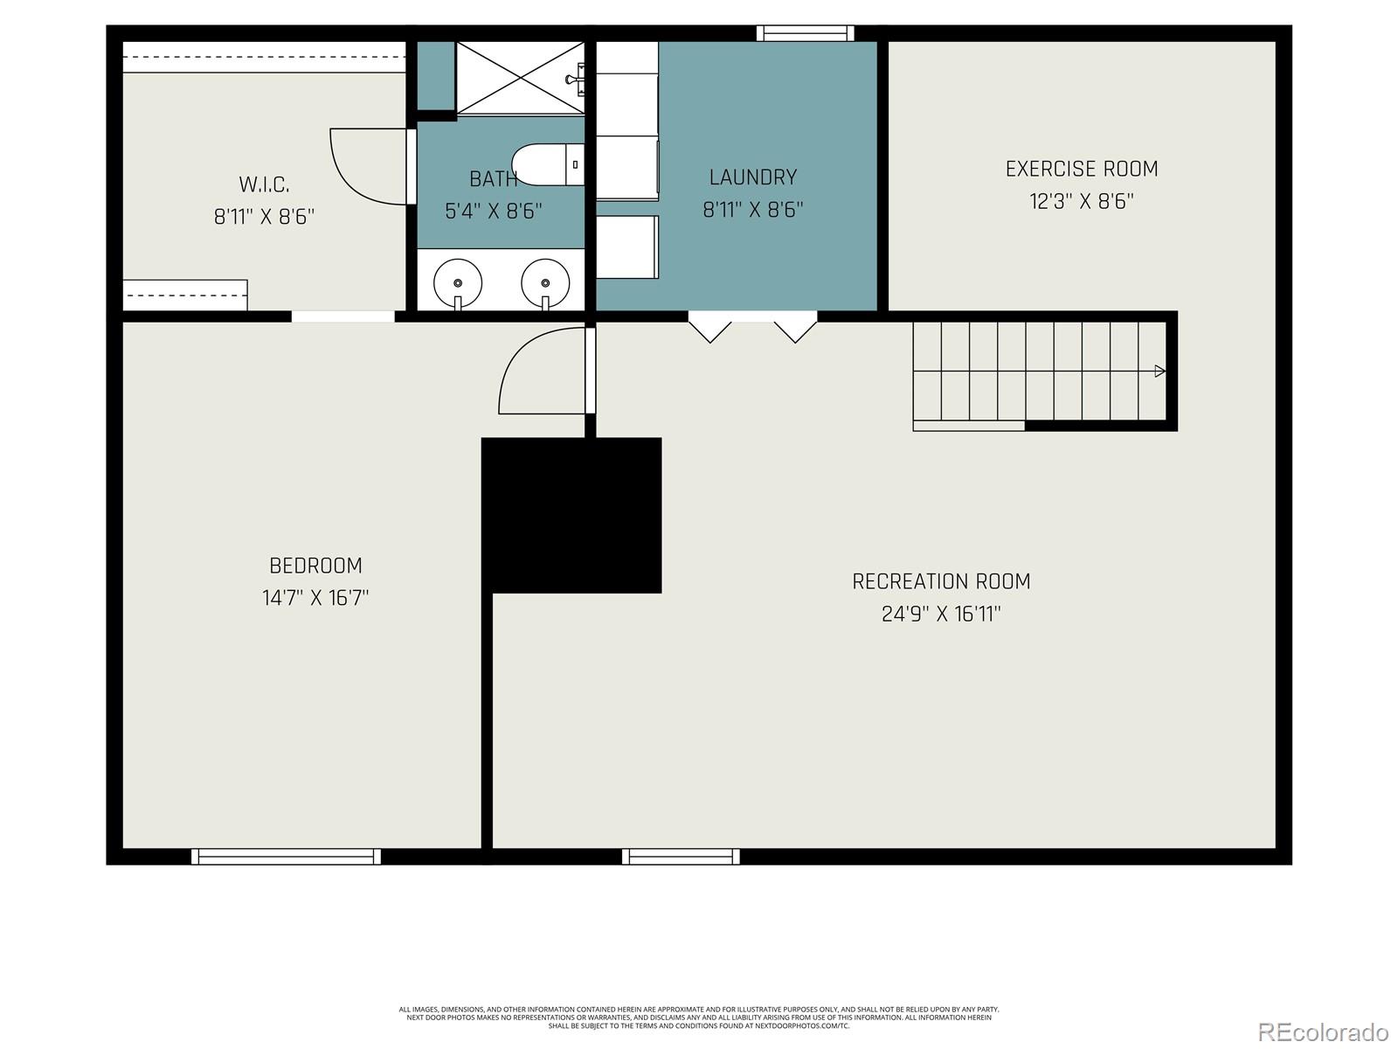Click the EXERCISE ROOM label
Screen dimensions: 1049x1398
pyautogui.click(x=1081, y=169)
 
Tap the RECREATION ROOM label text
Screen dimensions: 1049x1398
pyautogui.click(x=941, y=581)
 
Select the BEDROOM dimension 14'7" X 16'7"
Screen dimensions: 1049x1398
pyautogui.click(x=315, y=598)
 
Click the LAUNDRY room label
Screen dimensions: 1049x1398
pyautogui.click(x=752, y=177)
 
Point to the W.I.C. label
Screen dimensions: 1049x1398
pyautogui.click(x=264, y=184)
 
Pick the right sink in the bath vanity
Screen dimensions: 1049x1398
pyautogui.click(x=545, y=282)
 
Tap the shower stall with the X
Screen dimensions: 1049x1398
pyautogui.click(x=520, y=77)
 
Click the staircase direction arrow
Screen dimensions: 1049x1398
pyautogui.click(x=1159, y=372)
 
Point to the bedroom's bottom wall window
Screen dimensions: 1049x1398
pyautogui.click(x=286, y=857)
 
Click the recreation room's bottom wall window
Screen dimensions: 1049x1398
pyautogui.click(x=681, y=857)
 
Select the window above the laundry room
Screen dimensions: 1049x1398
pyautogui.click(x=805, y=33)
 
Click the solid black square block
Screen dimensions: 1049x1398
pyautogui.click(x=571, y=515)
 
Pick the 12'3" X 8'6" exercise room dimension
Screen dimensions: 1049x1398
pyautogui.click(x=1081, y=201)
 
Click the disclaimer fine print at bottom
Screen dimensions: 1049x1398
pyautogui.click(x=699, y=1018)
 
